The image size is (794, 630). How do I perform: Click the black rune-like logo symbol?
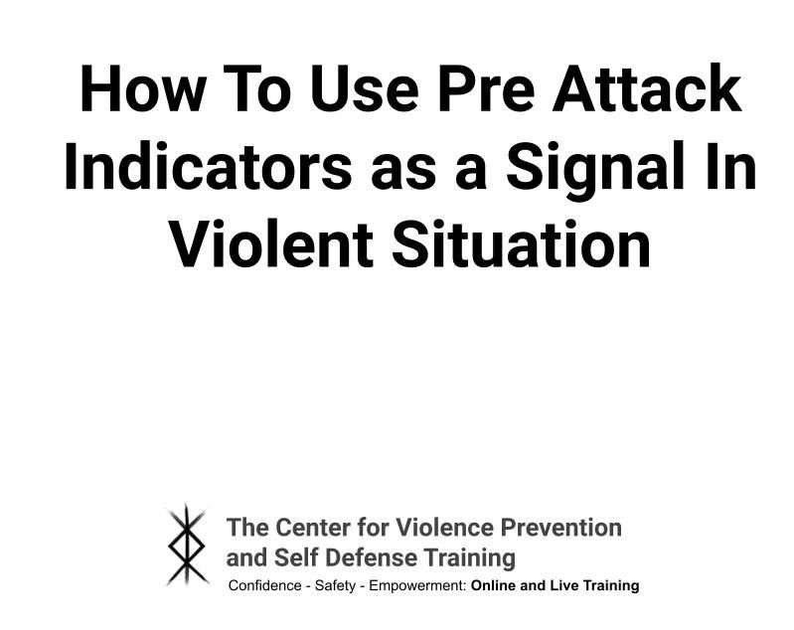coord(187,545)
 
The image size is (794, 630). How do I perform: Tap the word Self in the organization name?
coord(287,557)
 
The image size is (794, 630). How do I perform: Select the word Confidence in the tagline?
coord(264,586)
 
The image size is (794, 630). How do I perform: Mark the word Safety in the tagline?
coord(335,586)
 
